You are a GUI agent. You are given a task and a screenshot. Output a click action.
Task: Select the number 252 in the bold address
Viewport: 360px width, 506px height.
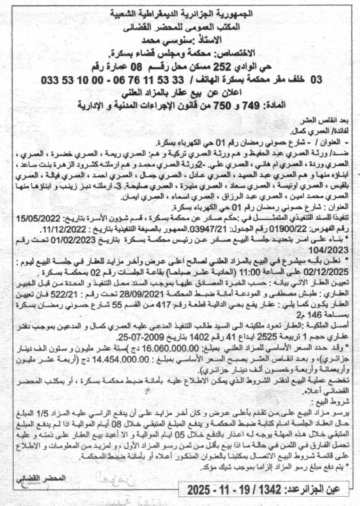241,68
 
